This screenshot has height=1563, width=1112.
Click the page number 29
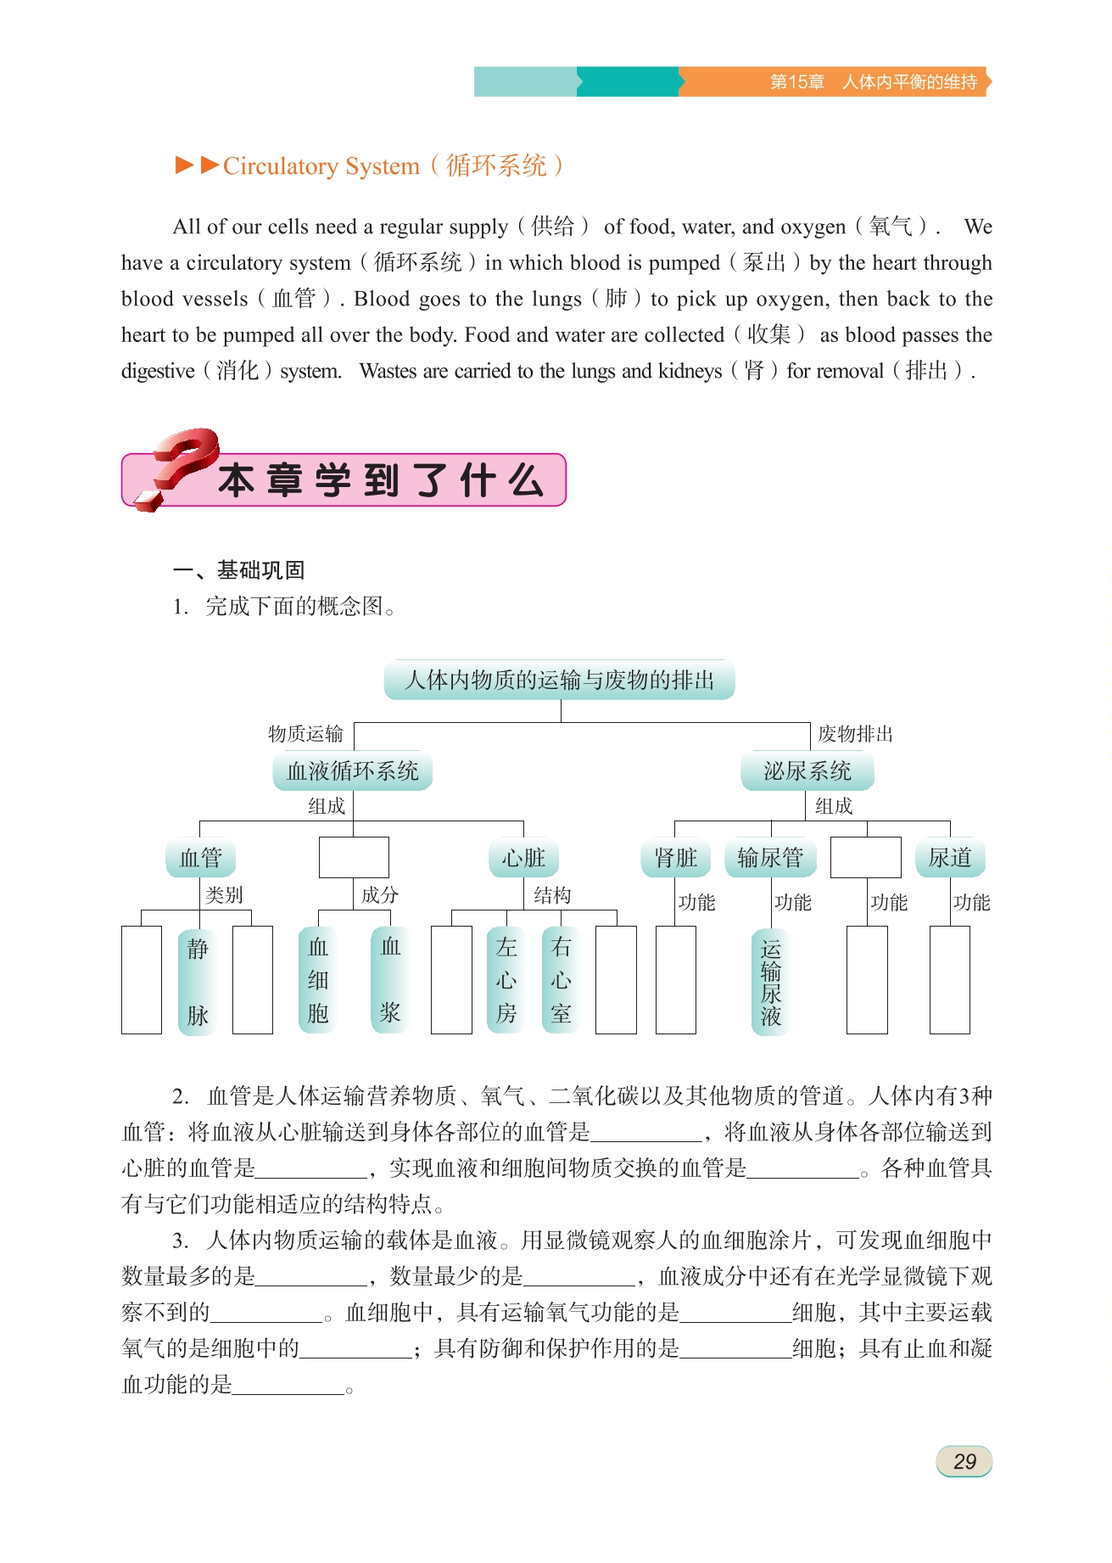click(964, 1461)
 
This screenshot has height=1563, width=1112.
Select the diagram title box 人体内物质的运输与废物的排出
click(560, 681)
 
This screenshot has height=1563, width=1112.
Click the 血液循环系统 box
click(353, 771)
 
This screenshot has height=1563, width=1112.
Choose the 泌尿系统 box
click(807, 771)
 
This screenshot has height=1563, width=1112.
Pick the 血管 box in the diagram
click(200, 858)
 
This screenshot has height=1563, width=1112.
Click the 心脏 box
click(523, 858)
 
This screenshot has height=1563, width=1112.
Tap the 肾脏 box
click(676, 858)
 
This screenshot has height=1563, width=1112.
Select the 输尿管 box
click(770, 858)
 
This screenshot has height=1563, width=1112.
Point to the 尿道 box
click(950, 858)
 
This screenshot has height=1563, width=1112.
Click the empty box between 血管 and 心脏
click(354, 857)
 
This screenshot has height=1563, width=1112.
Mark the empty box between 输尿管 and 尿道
click(865, 857)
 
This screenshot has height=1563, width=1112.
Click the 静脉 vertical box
click(198, 981)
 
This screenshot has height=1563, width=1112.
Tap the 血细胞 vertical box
click(318, 980)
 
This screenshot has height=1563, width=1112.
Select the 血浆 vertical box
click(390, 980)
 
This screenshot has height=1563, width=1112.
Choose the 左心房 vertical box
click(506, 980)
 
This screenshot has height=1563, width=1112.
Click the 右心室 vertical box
click(561, 980)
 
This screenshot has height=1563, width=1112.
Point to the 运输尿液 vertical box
click(770, 982)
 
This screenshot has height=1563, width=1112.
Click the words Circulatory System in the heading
click(321, 166)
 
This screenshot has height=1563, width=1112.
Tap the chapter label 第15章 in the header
click(797, 82)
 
